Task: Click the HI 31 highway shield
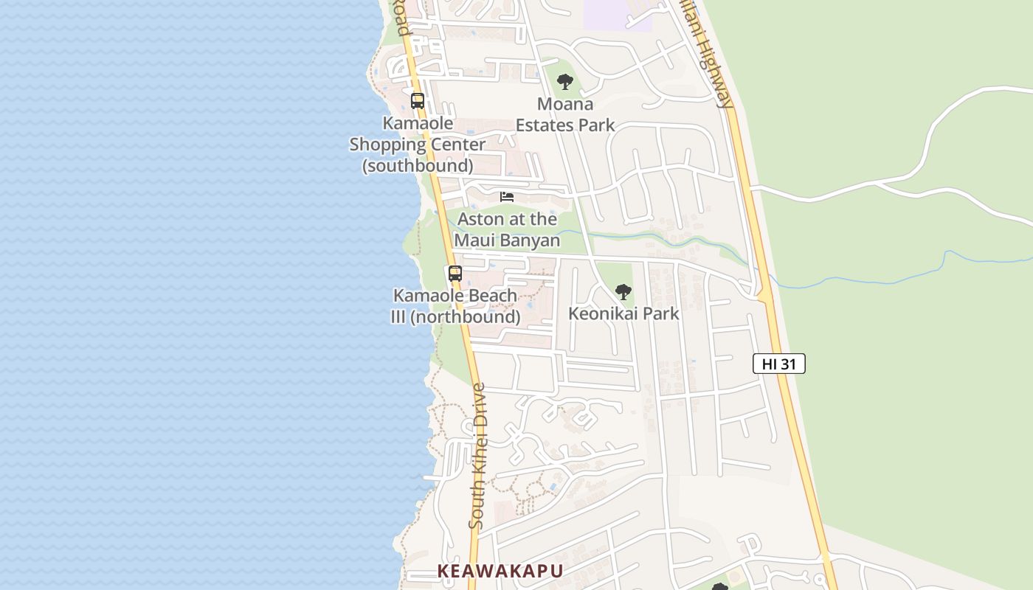778,364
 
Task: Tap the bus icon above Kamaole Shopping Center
418,101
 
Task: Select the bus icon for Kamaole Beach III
455,274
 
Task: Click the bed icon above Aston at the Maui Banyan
507,197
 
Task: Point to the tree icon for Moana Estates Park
565,82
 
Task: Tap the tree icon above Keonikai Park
623,292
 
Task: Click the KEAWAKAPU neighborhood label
500,571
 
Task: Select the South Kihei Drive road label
478,456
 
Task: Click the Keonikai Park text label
623,313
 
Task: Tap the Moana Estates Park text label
565,115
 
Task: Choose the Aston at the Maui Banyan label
507,230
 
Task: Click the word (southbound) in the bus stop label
418,165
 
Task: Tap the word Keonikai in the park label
604,313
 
